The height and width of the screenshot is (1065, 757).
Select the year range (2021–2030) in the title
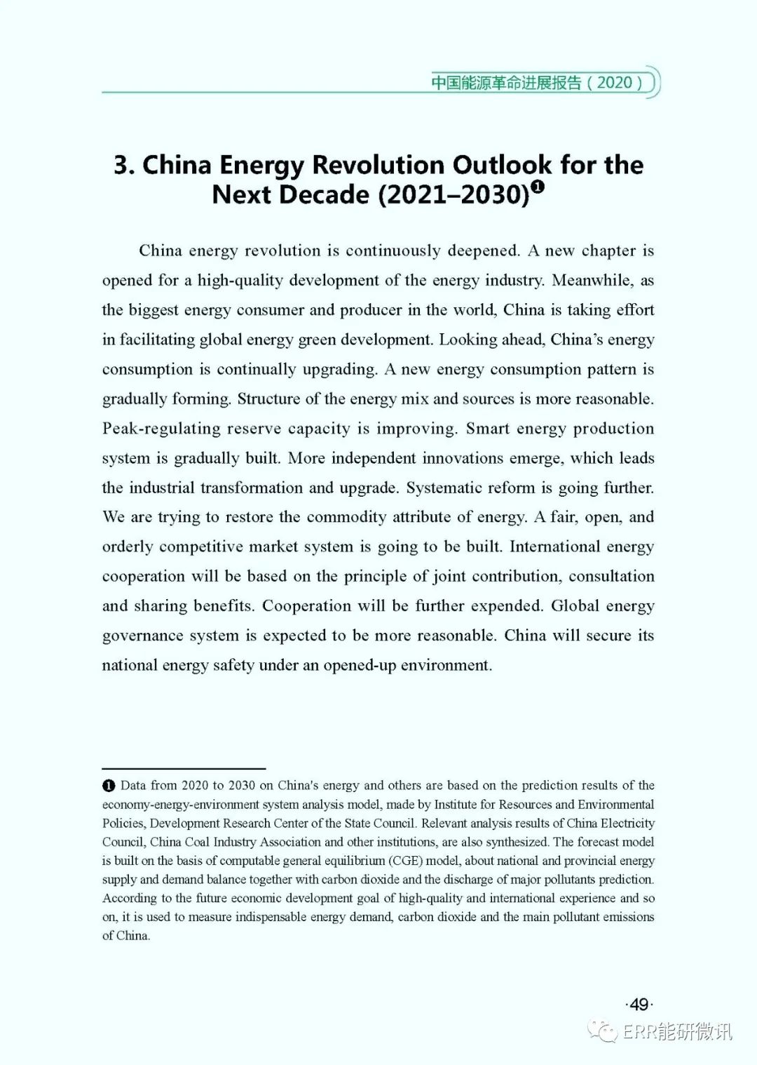click(453, 194)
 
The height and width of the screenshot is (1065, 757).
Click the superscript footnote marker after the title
click(538, 187)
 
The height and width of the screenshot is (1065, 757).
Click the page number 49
click(639, 1005)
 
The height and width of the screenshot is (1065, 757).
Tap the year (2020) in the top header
click(615, 82)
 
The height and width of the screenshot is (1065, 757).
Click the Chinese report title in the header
click(506, 82)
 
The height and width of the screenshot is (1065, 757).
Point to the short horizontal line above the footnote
click(184, 769)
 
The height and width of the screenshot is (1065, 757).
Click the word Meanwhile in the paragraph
click(591, 281)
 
